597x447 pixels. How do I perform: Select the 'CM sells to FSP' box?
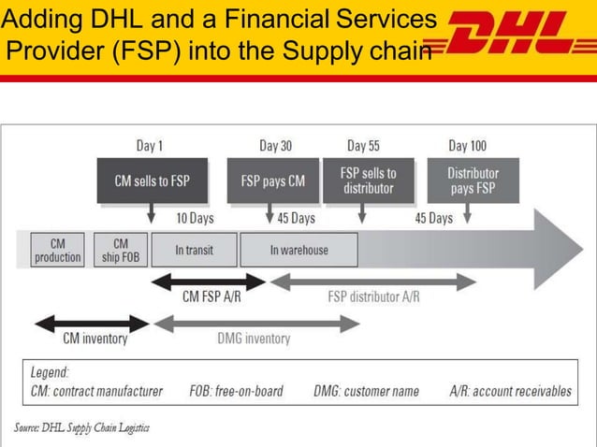tap(152, 180)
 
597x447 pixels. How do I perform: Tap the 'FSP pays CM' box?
tap(272, 180)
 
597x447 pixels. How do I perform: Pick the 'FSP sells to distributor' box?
tap(368, 180)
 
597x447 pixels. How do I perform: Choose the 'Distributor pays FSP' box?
tap(473, 180)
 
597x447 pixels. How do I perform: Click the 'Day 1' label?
tap(150, 146)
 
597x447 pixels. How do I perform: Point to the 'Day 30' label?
tap(275, 146)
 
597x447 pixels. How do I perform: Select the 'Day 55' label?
tap(363, 146)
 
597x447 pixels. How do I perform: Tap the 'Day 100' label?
tap(467, 146)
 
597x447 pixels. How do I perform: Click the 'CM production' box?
tap(57, 250)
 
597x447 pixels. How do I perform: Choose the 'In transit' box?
tap(194, 250)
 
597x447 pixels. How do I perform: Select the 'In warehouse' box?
tap(298, 250)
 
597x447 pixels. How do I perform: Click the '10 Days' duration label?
tap(195, 218)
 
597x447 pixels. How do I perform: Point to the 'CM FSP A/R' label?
tap(211, 297)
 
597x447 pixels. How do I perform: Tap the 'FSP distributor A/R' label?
tap(373, 297)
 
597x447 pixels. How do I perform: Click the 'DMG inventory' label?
tap(254, 339)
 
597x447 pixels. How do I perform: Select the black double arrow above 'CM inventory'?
tap(92, 324)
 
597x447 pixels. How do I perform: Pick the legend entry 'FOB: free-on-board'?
tap(236, 391)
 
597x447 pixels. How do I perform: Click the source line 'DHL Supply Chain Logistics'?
tap(81, 427)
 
